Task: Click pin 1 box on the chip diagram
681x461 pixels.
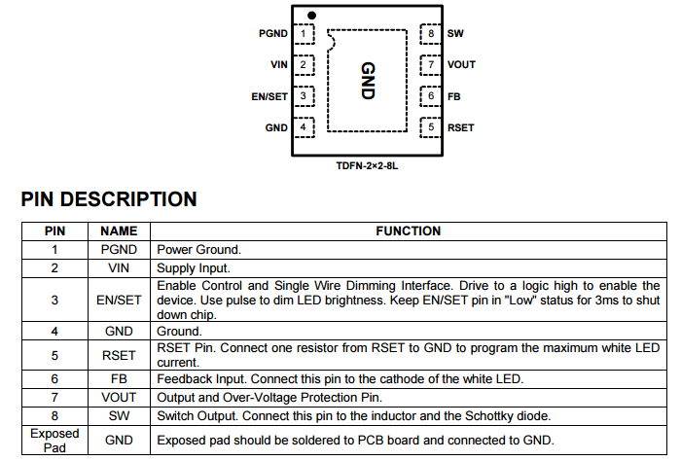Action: tap(305, 34)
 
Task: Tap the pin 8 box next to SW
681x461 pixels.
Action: tap(430, 34)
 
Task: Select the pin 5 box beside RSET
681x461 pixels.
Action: tap(430, 126)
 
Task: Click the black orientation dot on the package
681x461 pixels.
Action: tap(311, 16)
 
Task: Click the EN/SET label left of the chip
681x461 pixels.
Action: tap(269, 96)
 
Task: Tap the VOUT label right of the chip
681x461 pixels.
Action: tap(462, 65)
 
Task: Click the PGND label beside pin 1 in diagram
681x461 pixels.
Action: tap(273, 34)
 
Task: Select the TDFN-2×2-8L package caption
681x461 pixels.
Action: tap(368, 166)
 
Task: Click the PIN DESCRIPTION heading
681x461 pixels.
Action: tap(109, 200)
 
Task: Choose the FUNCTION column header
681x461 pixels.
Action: tap(409, 231)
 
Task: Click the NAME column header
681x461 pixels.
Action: tap(119, 231)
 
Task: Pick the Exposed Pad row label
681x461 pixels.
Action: tap(54, 440)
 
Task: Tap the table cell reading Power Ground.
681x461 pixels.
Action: tap(199, 249)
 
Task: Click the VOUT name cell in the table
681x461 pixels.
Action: tap(119, 398)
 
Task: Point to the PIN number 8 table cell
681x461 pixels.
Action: tap(54, 415)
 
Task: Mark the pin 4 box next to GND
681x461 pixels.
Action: tap(305, 126)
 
